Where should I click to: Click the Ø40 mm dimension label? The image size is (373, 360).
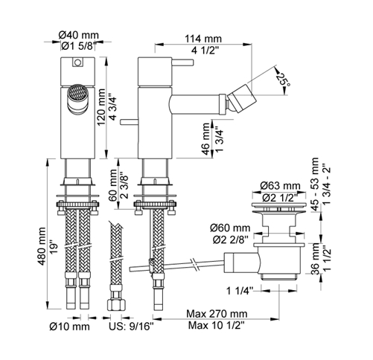(x=79, y=35)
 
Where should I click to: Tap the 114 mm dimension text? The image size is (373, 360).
(x=203, y=39)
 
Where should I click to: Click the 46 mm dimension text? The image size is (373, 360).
(x=206, y=139)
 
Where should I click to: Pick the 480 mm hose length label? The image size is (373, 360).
(x=42, y=246)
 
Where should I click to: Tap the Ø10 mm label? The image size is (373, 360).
(x=70, y=327)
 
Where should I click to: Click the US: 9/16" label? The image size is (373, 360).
(x=132, y=327)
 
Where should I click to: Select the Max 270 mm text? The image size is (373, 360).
(x=217, y=314)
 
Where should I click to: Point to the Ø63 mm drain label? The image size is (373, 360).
(x=280, y=185)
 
